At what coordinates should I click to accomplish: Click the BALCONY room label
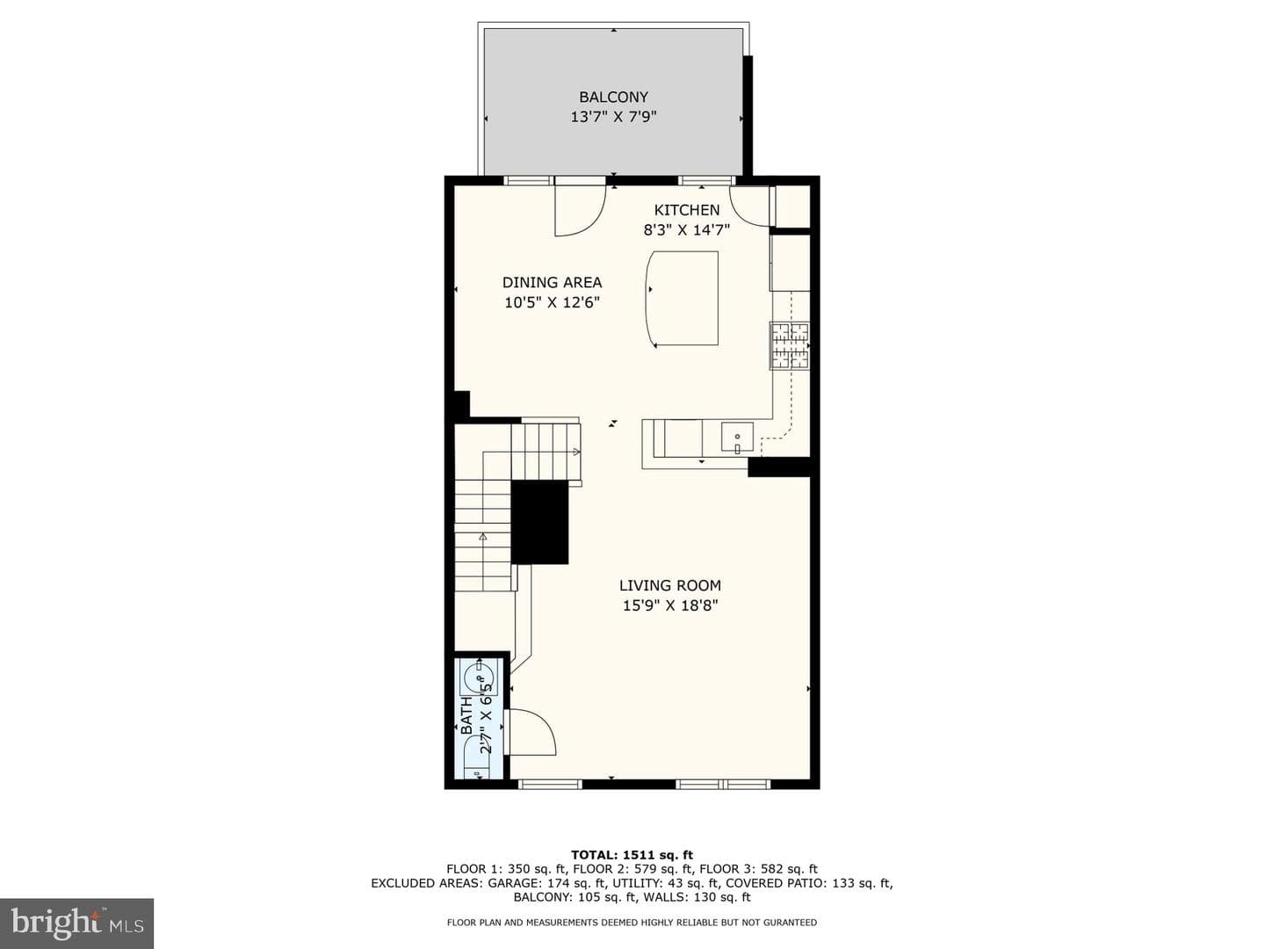(613, 97)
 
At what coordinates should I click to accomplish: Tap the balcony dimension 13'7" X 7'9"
(613, 117)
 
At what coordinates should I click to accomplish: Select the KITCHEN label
(686, 210)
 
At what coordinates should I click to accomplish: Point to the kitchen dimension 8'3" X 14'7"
(686, 230)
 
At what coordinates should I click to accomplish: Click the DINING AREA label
(552, 282)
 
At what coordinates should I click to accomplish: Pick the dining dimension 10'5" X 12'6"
(552, 302)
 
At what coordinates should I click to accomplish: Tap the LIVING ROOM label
(669, 585)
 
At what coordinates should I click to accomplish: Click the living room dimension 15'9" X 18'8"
(669, 605)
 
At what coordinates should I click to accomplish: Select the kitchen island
(683, 299)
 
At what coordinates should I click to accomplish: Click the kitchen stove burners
(790, 345)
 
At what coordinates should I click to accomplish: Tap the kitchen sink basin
(737, 437)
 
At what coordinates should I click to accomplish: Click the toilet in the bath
(477, 761)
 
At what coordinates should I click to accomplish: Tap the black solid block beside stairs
(540, 522)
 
